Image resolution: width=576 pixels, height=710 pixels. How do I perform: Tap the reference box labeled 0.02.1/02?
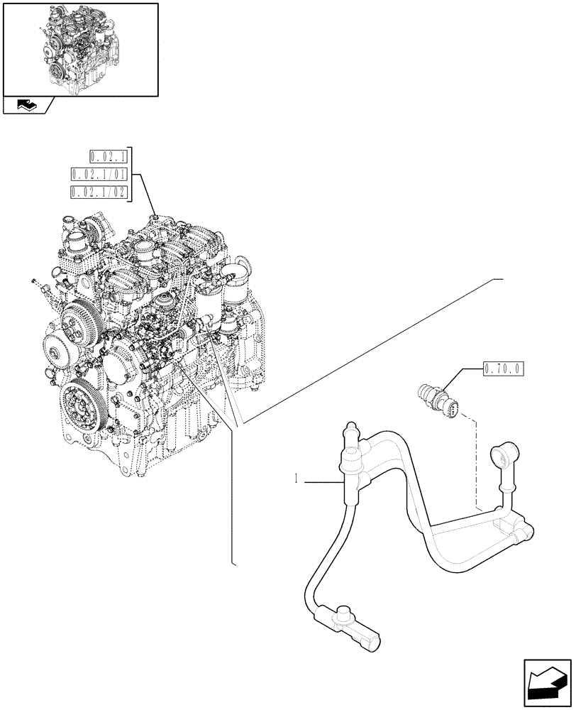[x=100, y=192]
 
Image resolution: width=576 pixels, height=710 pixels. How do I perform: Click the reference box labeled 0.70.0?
[x=503, y=368]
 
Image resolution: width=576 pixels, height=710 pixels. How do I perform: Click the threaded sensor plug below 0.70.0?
[x=438, y=395]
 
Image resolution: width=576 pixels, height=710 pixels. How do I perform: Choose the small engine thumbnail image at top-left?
[x=80, y=48]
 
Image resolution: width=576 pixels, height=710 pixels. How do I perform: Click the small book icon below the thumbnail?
[x=26, y=106]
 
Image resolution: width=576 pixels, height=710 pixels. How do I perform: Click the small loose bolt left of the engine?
[x=35, y=283]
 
